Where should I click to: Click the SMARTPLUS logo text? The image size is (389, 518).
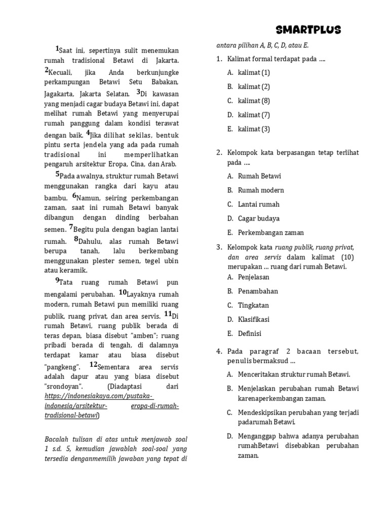(309, 30)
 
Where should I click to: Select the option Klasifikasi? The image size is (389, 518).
(254, 320)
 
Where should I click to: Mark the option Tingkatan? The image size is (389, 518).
(253, 306)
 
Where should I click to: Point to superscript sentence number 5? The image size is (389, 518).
(57, 174)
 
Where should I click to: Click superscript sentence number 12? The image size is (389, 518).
(93, 364)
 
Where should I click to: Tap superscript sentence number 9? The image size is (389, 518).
(57, 280)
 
